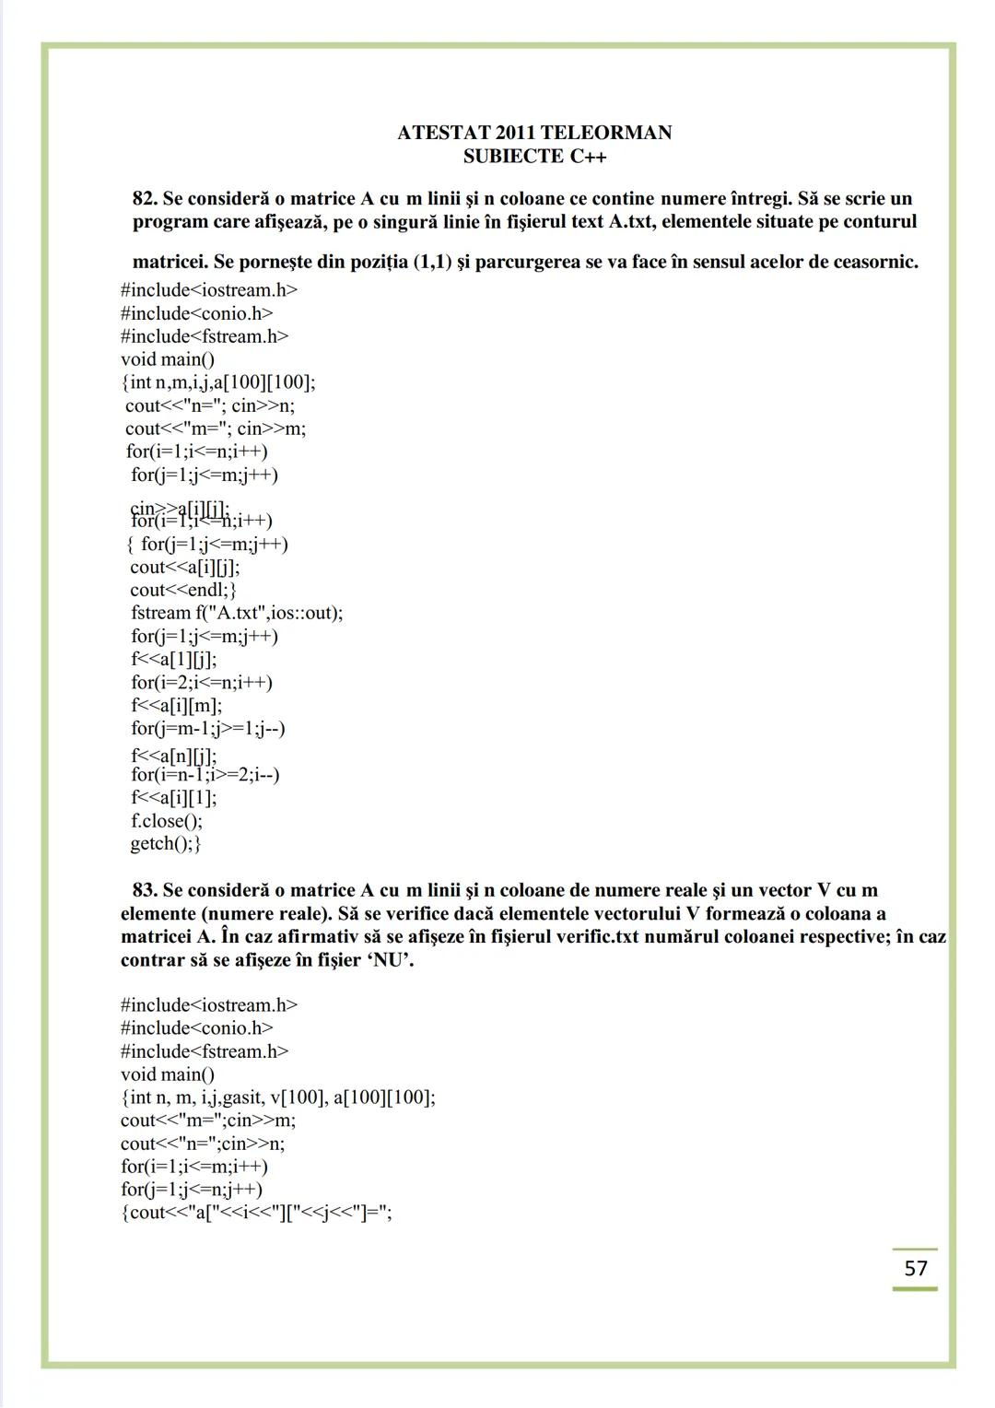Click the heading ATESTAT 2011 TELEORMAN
coord(534,133)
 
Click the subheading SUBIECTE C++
coord(534,156)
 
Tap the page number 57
coord(915,1268)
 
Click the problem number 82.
coord(145,198)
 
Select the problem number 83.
coord(145,890)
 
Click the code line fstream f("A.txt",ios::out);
coord(237,613)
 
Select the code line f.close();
coord(167,820)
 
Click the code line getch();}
coord(166,843)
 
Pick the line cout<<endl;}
coord(183,590)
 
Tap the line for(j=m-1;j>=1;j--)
coord(208,728)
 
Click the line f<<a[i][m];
coord(177,705)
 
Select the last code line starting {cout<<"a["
coord(257,1212)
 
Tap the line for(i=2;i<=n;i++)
coord(202,682)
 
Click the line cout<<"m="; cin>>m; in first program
coord(216,428)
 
